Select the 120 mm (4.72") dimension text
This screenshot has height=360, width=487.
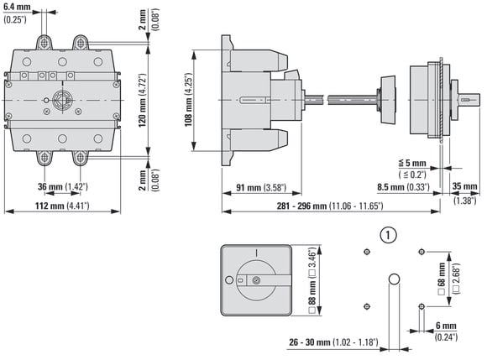(142, 100)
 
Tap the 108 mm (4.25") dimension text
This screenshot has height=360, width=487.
(189, 100)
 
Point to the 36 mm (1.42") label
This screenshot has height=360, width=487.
(63, 186)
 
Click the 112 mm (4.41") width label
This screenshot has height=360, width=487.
(62, 206)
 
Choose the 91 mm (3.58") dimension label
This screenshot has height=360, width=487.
(261, 187)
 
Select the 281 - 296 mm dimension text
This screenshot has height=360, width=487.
(330, 206)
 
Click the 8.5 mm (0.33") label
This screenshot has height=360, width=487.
(403, 187)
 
